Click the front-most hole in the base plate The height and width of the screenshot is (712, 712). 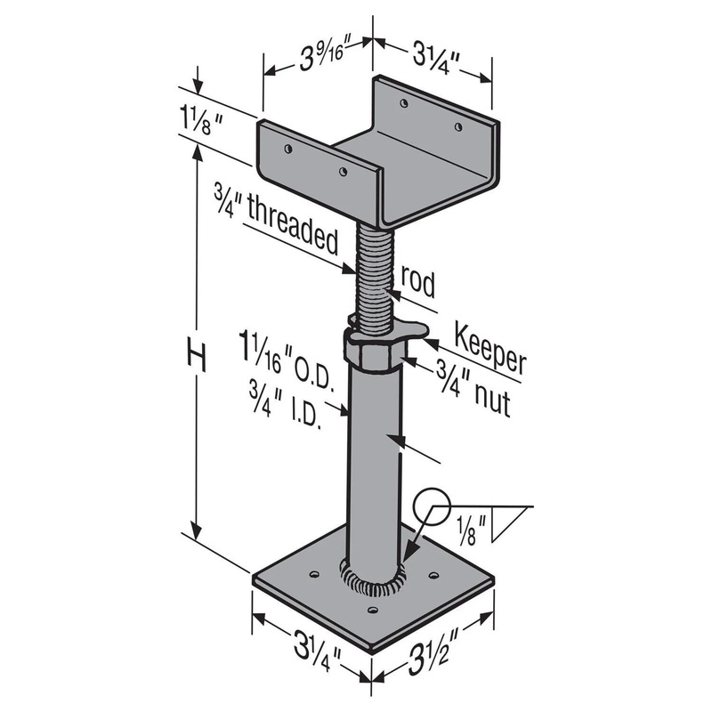click(x=372, y=611)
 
